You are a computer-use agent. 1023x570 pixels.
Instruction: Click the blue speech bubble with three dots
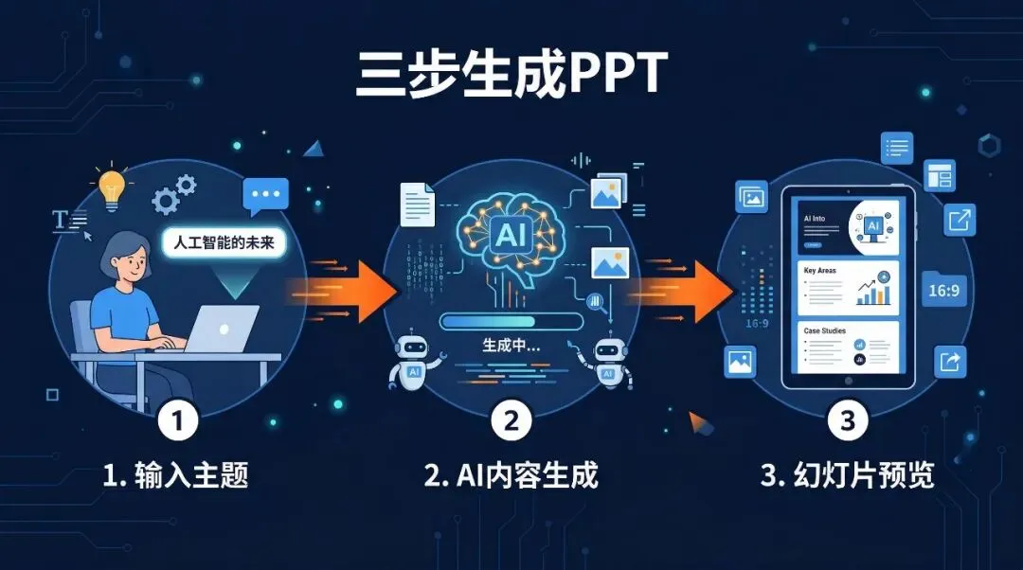(265, 197)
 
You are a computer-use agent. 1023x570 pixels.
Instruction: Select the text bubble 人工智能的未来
(224, 242)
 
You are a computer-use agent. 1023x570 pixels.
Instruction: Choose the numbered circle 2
(511, 420)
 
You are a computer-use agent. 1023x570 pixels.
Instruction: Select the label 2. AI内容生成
(511, 474)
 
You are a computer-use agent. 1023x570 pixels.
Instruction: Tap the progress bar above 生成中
(511, 321)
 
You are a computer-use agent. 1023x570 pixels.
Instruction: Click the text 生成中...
(511, 347)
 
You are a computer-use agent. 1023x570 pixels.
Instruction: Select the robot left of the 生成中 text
(414, 362)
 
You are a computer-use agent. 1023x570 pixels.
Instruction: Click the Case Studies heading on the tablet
(825, 330)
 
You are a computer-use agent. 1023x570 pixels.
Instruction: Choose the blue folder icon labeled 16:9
(944, 290)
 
